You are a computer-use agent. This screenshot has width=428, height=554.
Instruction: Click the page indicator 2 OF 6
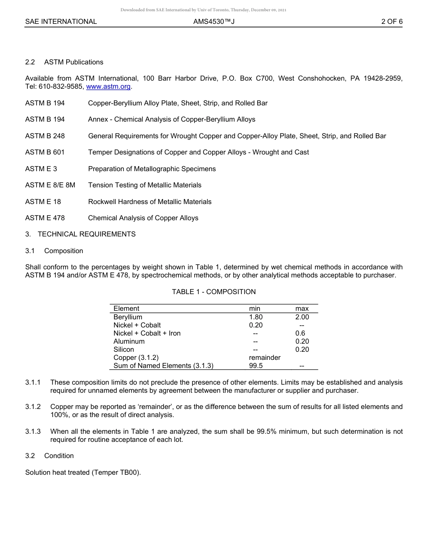click(x=392, y=21)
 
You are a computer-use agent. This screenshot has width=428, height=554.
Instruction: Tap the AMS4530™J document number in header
click(x=214, y=21)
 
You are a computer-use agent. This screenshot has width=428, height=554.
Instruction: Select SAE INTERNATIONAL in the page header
click(x=61, y=21)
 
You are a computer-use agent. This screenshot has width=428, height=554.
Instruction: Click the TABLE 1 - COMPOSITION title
click(x=214, y=292)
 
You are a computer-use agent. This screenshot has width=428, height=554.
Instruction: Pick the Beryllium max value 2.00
click(x=302, y=317)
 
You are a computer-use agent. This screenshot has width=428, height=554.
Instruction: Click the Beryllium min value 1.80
click(x=255, y=317)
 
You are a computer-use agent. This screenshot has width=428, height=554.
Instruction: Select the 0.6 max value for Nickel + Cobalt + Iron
click(x=300, y=333)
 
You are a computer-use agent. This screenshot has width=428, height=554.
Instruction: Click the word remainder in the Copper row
click(x=264, y=358)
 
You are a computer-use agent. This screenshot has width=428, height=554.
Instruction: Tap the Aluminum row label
click(x=129, y=341)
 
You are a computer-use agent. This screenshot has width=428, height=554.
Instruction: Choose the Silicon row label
click(x=123, y=350)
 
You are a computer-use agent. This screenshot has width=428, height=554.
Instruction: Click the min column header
click(x=255, y=309)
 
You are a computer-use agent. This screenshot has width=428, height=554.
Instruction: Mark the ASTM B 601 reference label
click(x=45, y=152)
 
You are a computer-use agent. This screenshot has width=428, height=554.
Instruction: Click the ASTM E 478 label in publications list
click(x=45, y=218)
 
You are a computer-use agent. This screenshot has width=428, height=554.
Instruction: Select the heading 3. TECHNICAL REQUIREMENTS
click(x=80, y=234)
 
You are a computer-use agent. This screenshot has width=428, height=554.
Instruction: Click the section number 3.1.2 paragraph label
click(x=33, y=407)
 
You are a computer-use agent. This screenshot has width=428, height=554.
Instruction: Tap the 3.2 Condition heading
click(x=50, y=456)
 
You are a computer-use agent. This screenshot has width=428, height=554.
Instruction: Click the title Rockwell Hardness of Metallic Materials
click(x=150, y=202)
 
